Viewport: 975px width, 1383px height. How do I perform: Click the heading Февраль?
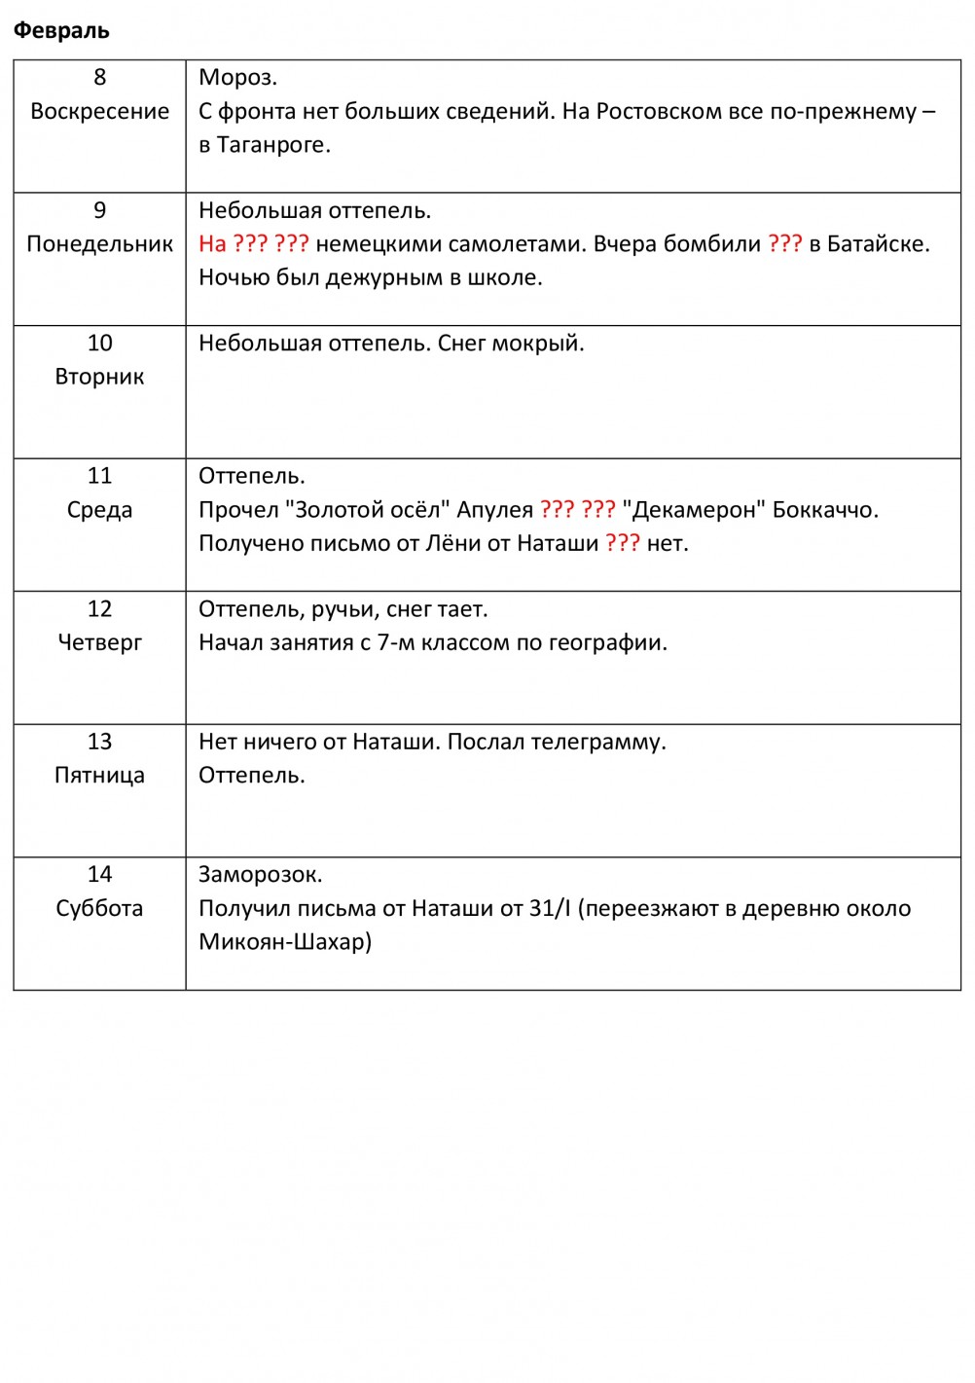pos(60,30)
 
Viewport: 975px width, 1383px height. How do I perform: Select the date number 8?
pos(99,77)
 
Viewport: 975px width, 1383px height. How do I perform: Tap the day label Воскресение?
pos(99,111)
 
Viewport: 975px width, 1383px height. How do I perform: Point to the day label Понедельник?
pos(99,244)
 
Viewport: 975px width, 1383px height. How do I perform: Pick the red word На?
pos(212,244)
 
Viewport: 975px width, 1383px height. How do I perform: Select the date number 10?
pos(99,343)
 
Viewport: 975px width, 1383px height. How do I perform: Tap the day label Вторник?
pos(99,377)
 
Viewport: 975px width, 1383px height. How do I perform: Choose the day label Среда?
pos(99,510)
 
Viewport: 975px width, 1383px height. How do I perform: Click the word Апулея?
pos(495,510)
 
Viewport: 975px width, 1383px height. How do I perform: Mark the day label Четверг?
pos(99,642)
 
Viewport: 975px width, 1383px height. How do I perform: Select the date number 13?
pos(99,742)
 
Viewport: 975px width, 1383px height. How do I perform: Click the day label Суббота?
pos(99,908)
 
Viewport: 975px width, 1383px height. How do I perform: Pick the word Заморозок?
pos(260,875)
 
